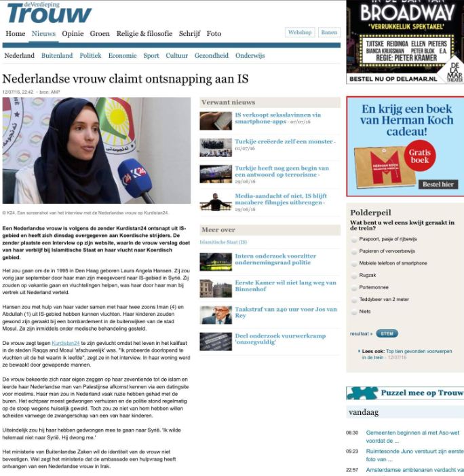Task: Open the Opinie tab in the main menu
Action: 73,33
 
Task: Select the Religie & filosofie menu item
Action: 144,33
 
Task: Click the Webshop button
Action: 300,33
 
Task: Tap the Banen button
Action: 329,33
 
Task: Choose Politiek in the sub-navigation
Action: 90,56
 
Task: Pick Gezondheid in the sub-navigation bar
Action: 212,56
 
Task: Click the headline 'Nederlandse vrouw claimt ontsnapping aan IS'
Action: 125,79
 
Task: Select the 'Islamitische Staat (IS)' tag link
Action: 223,242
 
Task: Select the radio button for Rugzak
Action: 355,275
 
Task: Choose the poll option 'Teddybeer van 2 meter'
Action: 355,299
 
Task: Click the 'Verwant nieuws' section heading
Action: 228,103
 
